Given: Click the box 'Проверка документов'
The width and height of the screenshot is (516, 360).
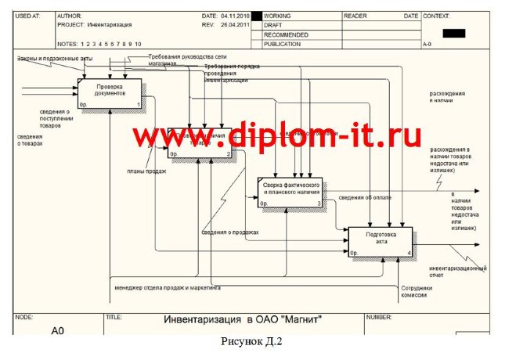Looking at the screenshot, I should coord(110,93).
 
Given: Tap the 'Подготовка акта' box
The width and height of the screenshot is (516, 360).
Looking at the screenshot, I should coord(381,242).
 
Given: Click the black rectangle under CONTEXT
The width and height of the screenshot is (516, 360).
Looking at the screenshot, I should coord(454,33).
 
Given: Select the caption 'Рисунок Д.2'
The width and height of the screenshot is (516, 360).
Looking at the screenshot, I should coord(252,341).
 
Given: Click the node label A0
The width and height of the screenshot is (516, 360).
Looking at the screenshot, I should coord(57,331).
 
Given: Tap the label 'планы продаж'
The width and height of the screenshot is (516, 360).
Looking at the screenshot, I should coord(146,171).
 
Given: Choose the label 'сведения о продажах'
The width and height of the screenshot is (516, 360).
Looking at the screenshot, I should coord(229,232).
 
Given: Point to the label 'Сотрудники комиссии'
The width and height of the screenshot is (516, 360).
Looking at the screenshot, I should coord(416,291).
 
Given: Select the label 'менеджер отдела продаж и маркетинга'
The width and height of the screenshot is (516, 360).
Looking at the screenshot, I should coord(168,288).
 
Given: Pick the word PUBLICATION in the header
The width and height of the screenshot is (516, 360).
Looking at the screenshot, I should coord(283,44).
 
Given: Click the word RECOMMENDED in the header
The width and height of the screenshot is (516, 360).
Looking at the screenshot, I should coord(285,34).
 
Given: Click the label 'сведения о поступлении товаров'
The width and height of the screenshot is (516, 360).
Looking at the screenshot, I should coord(60,118).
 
